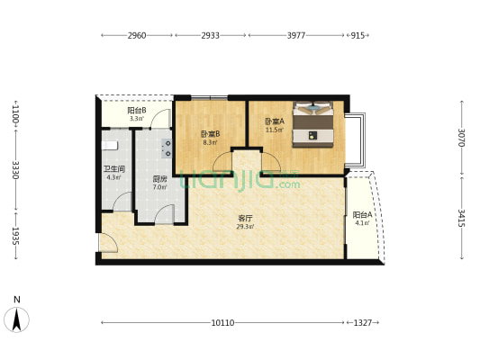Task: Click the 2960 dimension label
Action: pos(137,35)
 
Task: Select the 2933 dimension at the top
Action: pos(211,35)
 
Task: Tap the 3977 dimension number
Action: pos(296,35)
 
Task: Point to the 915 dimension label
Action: pos(358,35)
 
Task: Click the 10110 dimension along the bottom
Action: pos(222,323)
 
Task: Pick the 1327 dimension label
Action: pos(362,323)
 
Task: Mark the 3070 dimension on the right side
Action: pos(462,138)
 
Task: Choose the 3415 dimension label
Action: pos(462,218)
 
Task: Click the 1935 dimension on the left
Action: pos(15,236)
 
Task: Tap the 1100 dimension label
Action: pos(15,113)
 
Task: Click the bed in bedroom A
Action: pos(312,124)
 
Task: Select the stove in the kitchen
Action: pos(167,148)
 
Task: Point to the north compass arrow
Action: pos(16,319)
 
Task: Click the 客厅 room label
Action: pos(245,219)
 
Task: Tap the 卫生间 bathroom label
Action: pos(113,169)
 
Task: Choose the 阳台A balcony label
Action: pos(362,215)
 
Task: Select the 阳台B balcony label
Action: pos(137,110)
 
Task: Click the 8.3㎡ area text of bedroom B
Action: pos(211,142)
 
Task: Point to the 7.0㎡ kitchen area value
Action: pos(159,187)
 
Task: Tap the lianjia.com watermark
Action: pos(240,181)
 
